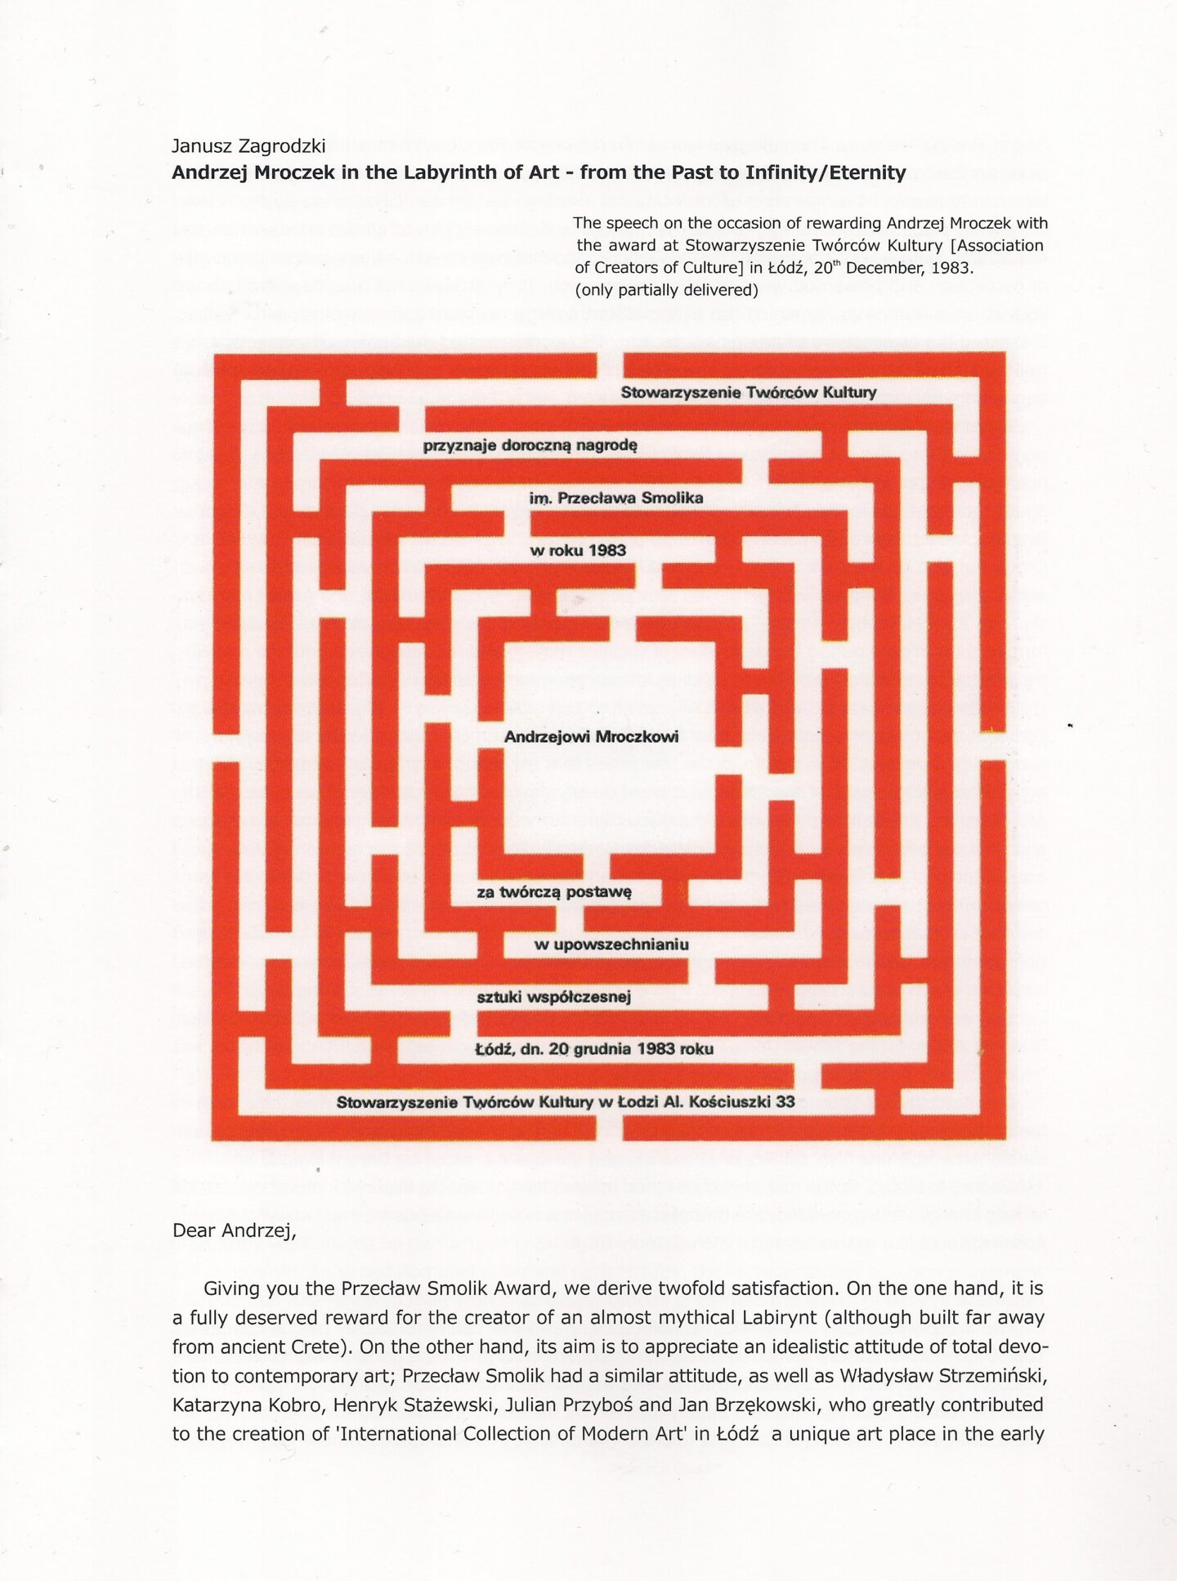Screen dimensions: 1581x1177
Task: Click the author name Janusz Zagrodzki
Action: click(x=248, y=146)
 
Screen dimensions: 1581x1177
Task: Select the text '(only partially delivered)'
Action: click(x=666, y=290)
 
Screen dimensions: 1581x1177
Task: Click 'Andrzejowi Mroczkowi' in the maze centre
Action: click(x=591, y=737)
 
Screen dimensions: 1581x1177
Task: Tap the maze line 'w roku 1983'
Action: click(x=578, y=551)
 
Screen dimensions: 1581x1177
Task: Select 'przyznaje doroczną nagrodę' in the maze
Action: click(x=530, y=446)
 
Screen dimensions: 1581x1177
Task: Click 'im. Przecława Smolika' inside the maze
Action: click(x=615, y=498)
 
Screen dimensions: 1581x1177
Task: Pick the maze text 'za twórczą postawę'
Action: click(x=554, y=892)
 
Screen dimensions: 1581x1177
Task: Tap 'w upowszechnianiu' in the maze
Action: click(x=611, y=945)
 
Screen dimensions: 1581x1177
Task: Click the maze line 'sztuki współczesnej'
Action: click(x=553, y=997)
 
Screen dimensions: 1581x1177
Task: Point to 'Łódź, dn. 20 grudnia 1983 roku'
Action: click(x=594, y=1049)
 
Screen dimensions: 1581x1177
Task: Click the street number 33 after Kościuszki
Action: click(x=785, y=1101)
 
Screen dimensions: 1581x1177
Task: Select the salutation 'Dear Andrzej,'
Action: click(x=234, y=1231)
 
